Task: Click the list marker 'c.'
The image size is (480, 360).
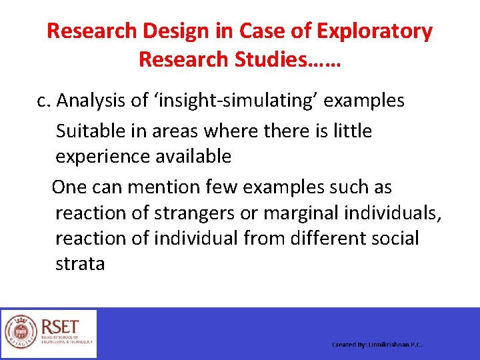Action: [44, 101]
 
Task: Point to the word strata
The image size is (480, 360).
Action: [80, 264]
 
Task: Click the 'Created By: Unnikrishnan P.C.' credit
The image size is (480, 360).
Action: [377, 345]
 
